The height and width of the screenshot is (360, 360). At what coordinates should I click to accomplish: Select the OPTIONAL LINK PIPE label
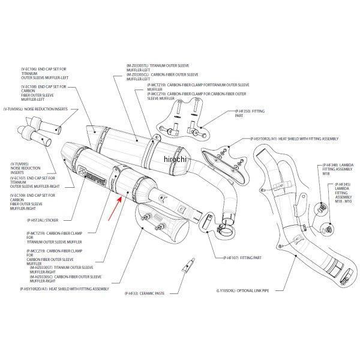click(x=248, y=290)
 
